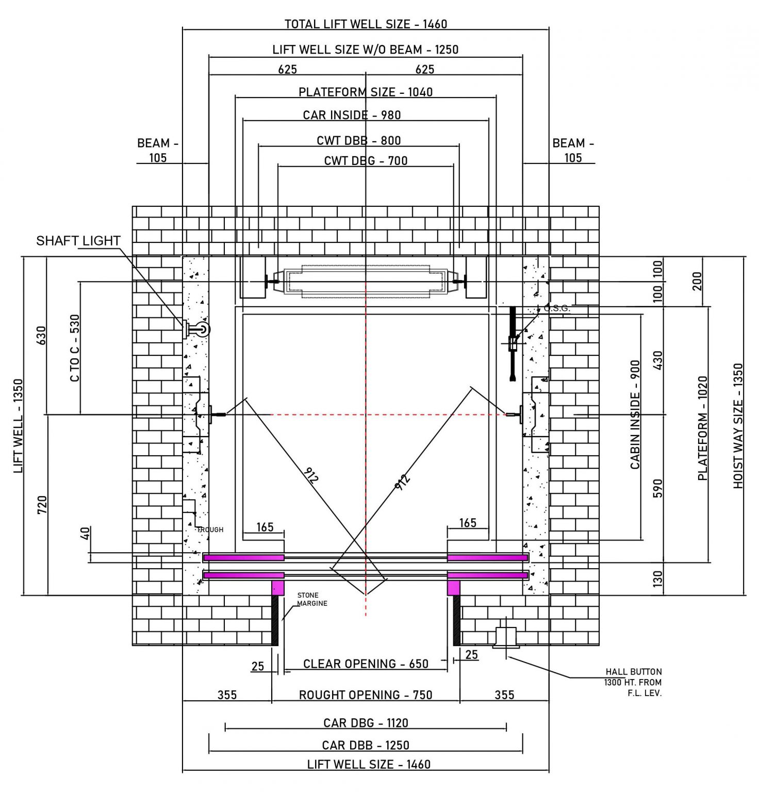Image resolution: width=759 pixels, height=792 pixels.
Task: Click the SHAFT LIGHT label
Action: click(78, 241)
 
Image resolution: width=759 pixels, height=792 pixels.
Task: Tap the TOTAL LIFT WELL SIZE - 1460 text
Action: click(366, 24)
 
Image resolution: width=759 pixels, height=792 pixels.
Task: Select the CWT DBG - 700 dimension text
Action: click(366, 161)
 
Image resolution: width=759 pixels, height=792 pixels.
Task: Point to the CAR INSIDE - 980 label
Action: click(352, 115)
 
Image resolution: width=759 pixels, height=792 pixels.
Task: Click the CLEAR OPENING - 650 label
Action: click(366, 664)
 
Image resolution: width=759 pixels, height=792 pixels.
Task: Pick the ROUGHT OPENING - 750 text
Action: click(366, 695)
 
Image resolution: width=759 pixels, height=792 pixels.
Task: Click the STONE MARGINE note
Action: click(312, 599)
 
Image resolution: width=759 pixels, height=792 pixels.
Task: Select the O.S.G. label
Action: click(557, 308)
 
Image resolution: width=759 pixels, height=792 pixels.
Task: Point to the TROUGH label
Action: click(210, 530)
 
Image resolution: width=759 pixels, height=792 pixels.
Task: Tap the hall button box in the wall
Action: click(505, 637)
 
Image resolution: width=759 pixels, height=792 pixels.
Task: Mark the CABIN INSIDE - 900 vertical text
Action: click(635, 414)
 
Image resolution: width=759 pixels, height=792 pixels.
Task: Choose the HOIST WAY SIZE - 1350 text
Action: click(738, 426)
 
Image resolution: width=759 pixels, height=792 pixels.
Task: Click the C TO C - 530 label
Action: click(75, 348)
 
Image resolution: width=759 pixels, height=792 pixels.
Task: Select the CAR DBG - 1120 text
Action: click(366, 723)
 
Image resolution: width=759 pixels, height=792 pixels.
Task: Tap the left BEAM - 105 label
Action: click(157, 150)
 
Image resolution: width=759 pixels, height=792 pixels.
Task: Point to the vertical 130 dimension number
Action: click(657, 579)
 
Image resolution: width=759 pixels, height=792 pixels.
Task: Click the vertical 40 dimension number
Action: click(86, 533)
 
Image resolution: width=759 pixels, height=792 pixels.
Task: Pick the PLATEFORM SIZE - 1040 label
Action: click(366, 92)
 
